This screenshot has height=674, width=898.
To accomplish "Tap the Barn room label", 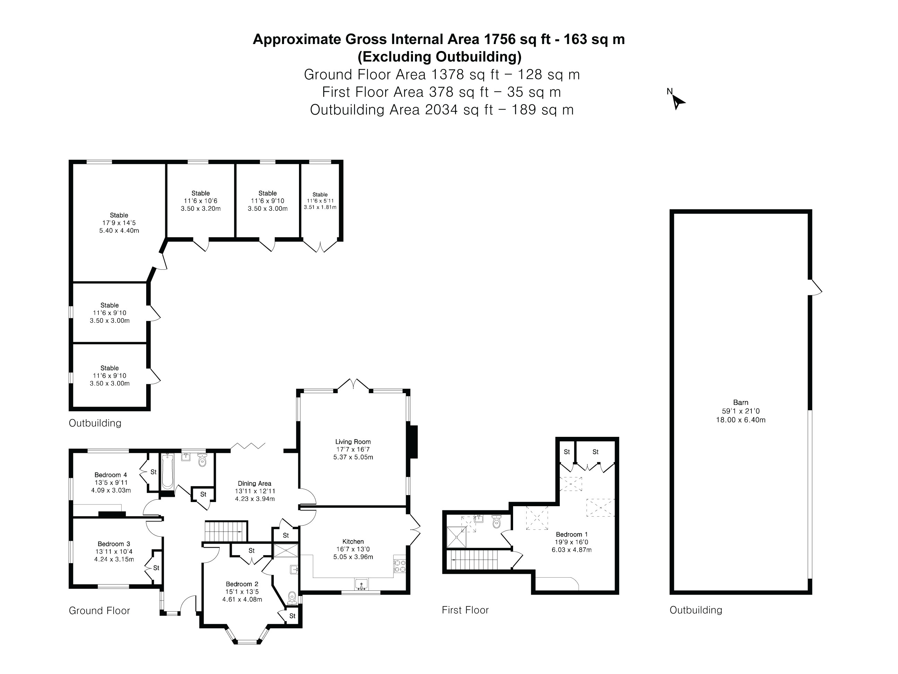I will (740, 403).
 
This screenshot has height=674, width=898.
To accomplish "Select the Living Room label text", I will (353, 442).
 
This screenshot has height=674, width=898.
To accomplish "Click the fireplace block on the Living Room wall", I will (413, 442).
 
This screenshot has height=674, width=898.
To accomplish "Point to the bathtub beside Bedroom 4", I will (167, 472).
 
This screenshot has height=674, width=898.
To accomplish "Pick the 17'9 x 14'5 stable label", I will (119, 223).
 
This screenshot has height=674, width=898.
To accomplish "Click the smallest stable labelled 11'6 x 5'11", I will (320, 201).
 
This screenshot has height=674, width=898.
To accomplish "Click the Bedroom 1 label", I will (572, 534).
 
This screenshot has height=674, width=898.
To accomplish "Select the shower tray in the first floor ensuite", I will (456, 537).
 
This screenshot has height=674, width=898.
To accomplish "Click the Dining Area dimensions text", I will (255, 495).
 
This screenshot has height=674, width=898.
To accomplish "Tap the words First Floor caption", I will (465, 610).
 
